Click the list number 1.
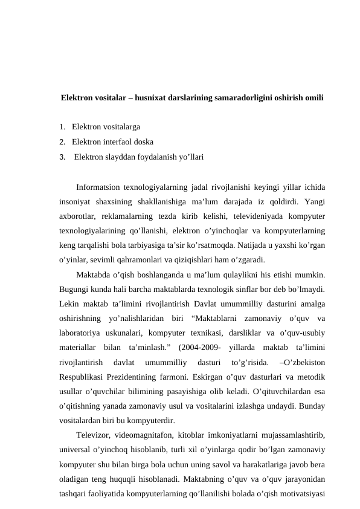click(62, 128)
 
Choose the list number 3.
click(62, 157)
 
